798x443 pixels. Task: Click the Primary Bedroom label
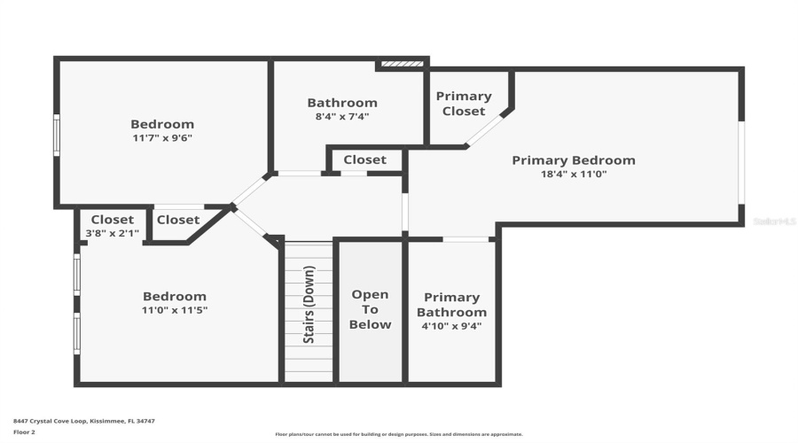click(x=573, y=160)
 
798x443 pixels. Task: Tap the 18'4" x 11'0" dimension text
click(x=573, y=175)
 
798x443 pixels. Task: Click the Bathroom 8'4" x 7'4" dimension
click(x=342, y=116)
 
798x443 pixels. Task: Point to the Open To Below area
click(x=370, y=309)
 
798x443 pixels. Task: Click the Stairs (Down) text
click(x=309, y=304)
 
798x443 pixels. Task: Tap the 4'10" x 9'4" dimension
click(x=451, y=325)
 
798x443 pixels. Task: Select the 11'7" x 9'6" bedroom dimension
click(x=162, y=138)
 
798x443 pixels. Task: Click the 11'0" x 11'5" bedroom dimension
click(x=175, y=310)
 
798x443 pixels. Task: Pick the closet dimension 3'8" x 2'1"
click(x=112, y=233)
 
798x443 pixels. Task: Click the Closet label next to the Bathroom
click(x=364, y=159)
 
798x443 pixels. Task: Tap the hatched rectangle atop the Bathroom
click(x=402, y=64)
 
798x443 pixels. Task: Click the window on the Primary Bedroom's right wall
click(x=741, y=162)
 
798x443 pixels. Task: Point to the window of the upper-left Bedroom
click(x=57, y=135)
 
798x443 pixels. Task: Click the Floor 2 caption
click(x=24, y=432)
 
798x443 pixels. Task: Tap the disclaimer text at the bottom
click(x=398, y=434)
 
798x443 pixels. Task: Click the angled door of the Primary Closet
click(x=483, y=131)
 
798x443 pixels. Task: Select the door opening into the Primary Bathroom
click(x=465, y=239)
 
